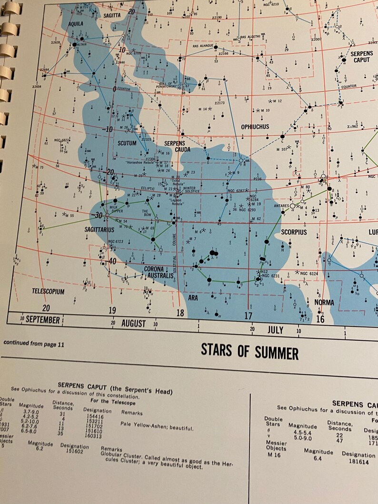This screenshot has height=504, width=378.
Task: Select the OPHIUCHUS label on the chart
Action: (255, 127)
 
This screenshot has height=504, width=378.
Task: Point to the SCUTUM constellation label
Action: (126, 143)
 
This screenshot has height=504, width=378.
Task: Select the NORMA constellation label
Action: (324, 302)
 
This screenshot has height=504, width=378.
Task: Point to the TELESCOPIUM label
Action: (48, 291)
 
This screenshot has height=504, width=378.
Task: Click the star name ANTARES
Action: (281, 206)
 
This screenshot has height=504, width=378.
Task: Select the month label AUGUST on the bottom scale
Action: (133, 324)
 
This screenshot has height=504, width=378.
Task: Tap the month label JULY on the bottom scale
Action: (275, 330)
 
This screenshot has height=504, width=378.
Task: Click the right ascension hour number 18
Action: (180, 313)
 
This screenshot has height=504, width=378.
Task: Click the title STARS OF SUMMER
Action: (249, 352)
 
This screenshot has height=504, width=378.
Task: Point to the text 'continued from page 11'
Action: (33, 343)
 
